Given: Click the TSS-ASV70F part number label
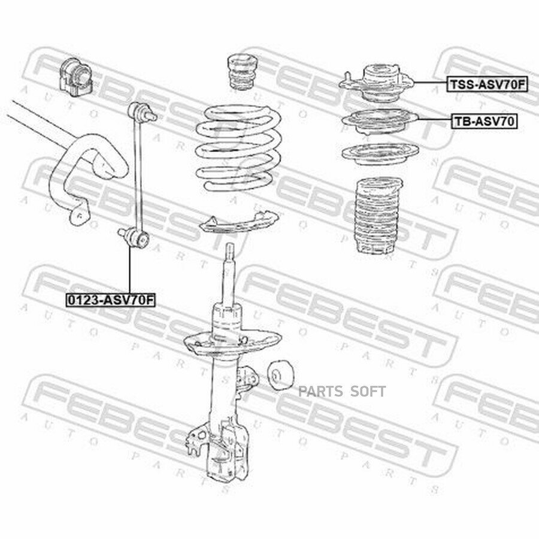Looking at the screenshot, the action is (487, 84).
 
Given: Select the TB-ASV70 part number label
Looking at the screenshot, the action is (484, 122).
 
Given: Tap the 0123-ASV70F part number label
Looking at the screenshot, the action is (111, 300).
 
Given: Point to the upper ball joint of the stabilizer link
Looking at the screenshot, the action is (141, 111).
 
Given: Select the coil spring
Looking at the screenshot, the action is (239, 148).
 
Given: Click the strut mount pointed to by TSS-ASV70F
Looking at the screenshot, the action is (377, 83).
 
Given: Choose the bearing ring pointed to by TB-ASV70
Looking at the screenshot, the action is (380, 122).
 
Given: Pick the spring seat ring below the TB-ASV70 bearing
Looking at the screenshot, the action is (380, 154).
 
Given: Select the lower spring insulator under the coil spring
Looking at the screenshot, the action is (238, 223).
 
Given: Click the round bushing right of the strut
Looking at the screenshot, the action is (280, 376).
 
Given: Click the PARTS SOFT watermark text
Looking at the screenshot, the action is (342, 392).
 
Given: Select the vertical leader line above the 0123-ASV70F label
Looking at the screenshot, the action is (129, 270).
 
